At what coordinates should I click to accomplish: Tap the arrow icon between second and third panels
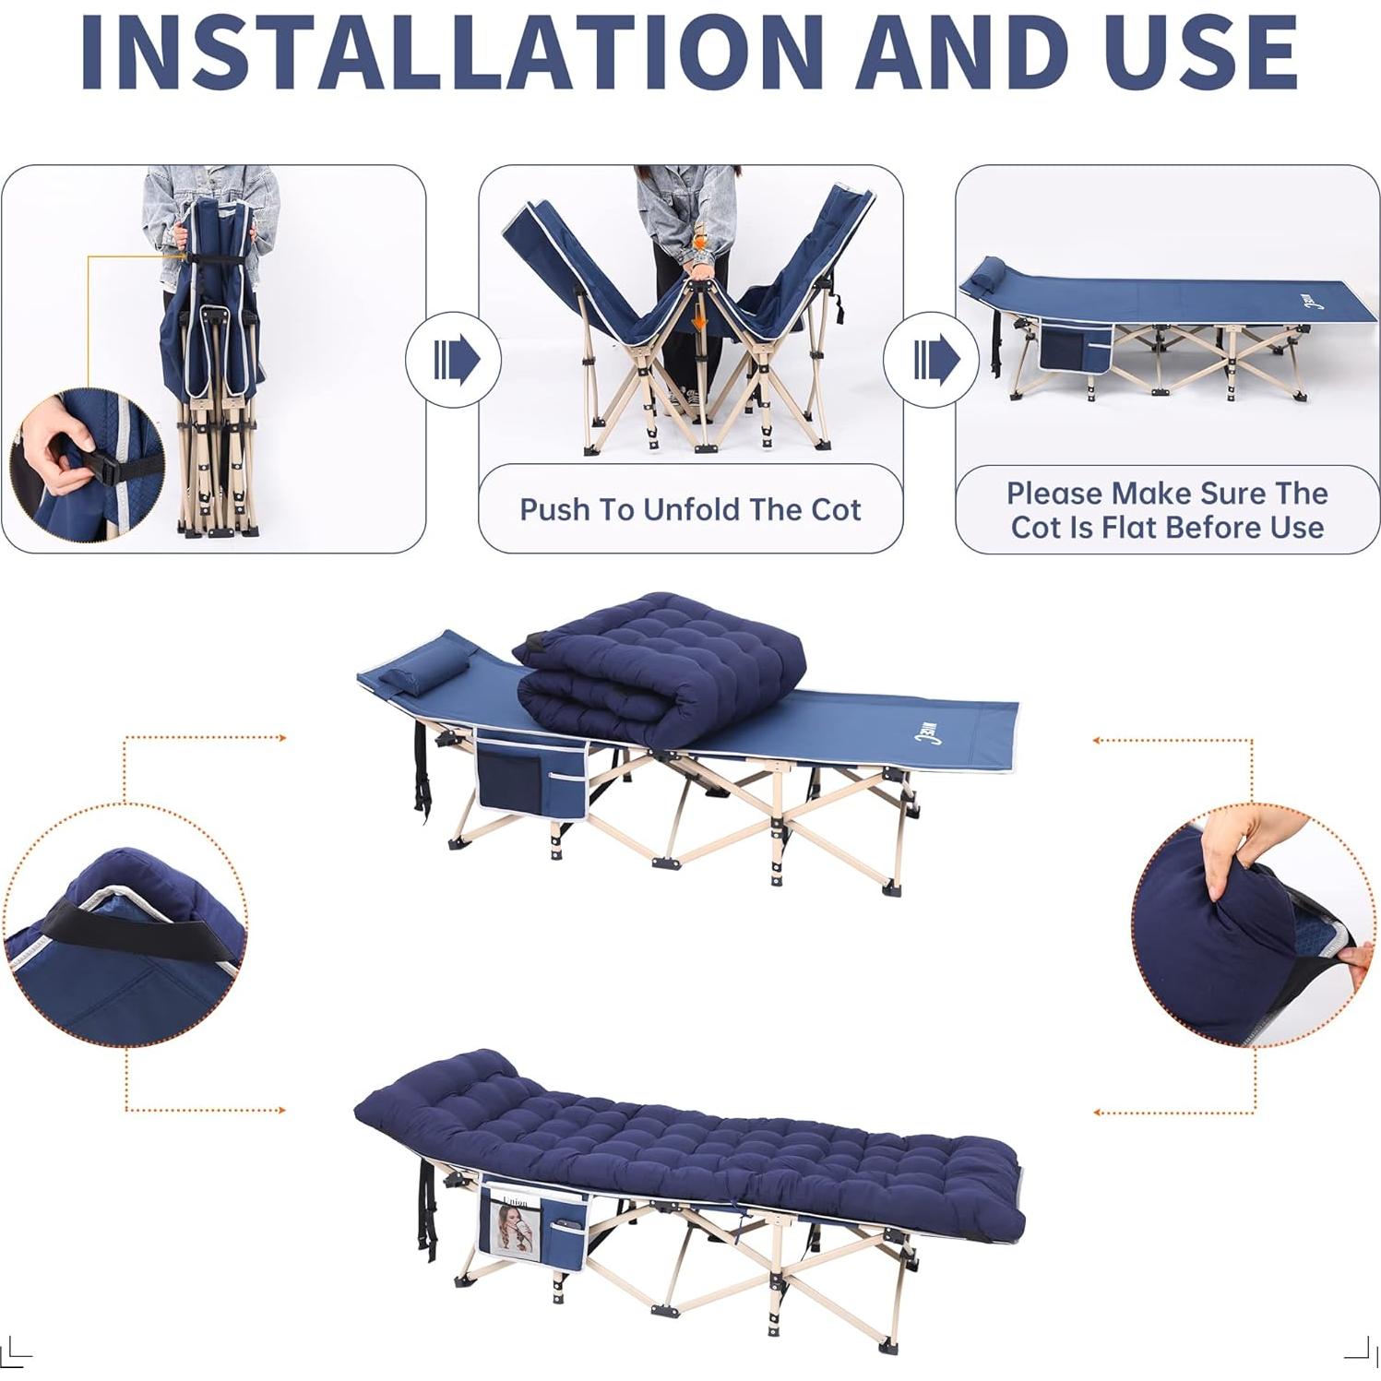coord(932,359)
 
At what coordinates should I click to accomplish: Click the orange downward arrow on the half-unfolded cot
coord(700,320)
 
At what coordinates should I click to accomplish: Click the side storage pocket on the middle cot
coord(530,775)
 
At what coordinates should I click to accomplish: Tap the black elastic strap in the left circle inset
coord(148,935)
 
